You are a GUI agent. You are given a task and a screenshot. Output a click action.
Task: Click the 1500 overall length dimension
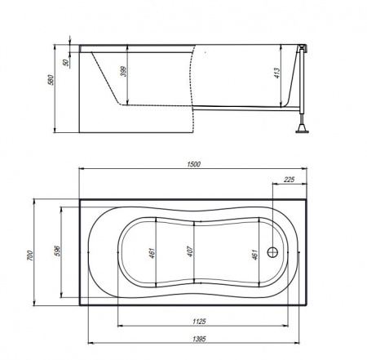tap(193, 164)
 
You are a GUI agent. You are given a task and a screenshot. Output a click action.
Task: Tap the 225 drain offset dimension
tap(289, 180)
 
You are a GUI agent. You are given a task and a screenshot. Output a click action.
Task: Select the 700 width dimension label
tap(30, 256)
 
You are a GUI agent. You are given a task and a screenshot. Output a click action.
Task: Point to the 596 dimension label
tap(57, 251)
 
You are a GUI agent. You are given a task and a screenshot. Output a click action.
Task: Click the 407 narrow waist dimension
tap(190, 251)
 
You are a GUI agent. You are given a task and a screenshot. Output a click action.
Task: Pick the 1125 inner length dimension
tap(199, 322)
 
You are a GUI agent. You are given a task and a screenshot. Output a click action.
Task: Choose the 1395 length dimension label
tap(199, 339)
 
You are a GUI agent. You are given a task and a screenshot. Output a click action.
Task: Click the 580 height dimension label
tap(51, 80)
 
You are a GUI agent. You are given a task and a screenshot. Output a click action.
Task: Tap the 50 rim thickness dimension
tap(66, 62)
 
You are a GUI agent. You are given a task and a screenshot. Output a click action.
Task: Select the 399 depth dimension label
tap(123, 71)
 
